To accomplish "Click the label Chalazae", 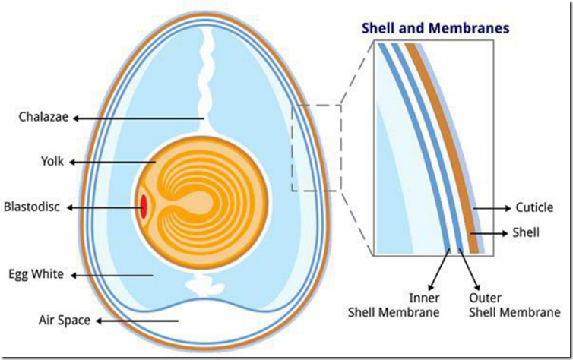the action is coord(43,117).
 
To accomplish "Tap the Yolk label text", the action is coord(52,161).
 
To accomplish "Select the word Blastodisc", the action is coord(32,207).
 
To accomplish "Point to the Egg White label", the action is coord(36,274).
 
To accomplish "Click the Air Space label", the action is coord(65,321).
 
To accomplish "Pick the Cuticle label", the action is coord(534,207).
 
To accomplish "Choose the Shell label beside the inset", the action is coord(526,232).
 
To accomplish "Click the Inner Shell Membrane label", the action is coord(394,305).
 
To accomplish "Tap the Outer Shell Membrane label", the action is coord(514,305).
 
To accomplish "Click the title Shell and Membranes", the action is coord(435,28).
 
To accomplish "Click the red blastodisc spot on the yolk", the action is coord(144,207).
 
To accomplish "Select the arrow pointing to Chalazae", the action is coord(138,118).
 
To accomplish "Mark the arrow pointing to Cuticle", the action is coord(492,208).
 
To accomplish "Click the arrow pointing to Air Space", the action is coord(137,321).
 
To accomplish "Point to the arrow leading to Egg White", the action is coord(112,276).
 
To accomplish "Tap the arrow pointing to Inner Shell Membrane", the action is coord(439,270).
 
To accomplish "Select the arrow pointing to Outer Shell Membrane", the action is coord(469,270).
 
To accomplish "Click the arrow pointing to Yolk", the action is coord(112,162).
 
